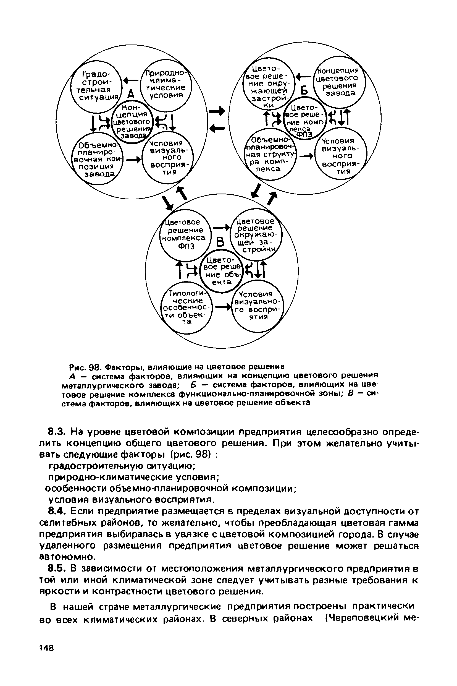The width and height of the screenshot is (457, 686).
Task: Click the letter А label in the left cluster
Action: (x=132, y=94)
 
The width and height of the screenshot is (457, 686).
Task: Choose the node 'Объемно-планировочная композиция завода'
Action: (x=97, y=159)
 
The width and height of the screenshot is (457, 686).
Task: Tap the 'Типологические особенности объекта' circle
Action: (x=187, y=307)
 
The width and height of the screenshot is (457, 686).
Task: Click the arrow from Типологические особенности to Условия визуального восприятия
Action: (x=223, y=307)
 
